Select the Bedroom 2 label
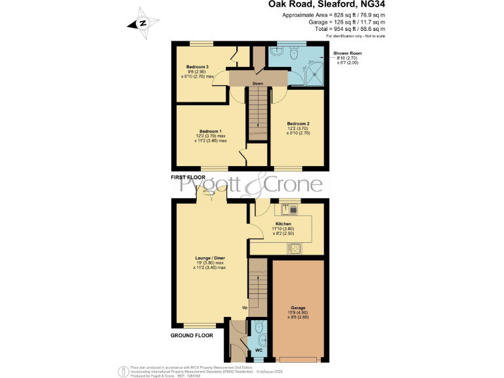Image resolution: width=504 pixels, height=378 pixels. point(298,123)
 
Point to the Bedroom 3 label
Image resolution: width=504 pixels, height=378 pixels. point(197,67)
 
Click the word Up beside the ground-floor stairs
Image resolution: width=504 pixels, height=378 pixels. point(245,307)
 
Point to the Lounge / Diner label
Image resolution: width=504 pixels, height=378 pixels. point(209,259)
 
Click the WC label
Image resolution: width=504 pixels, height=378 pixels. point(259,359)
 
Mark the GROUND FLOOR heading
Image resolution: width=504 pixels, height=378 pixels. point(193,335)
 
